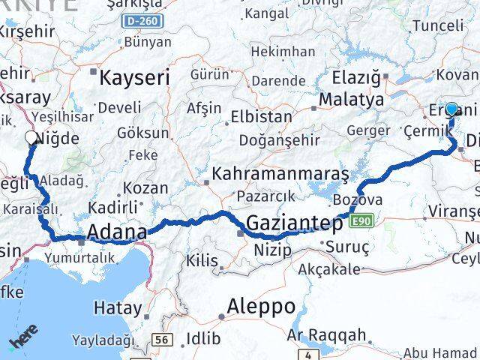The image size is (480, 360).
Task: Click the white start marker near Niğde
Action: click(x=31, y=138)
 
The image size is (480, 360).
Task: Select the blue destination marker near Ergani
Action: click(x=451, y=109)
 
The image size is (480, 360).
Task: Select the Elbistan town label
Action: click(x=262, y=117)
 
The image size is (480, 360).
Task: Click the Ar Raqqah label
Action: click(x=328, y=334)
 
